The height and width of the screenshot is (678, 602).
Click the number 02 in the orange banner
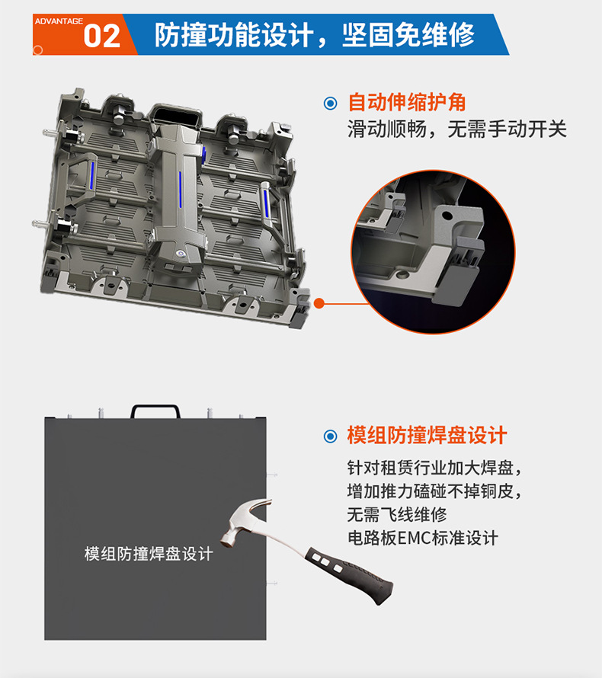click(x=101, y=36)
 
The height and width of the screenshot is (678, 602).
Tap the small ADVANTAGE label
click(x=59, y=21)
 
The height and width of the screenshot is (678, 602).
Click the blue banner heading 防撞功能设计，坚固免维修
click(x=314, y=35)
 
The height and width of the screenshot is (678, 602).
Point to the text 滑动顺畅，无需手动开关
click(x=457, y=129)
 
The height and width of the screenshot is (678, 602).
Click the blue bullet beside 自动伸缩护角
click(x=331, y=103)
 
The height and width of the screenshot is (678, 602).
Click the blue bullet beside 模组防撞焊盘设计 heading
click(x=331, y=437)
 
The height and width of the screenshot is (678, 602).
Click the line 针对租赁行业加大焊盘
click(x=434, y=467)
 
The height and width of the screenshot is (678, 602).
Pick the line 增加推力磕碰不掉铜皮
click(x=434, y=490)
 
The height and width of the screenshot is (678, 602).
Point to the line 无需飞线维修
click(x=396, y=513)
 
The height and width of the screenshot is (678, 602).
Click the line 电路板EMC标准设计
click(x=422, y=538)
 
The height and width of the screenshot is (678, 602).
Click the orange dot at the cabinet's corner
click(x=319, y=303)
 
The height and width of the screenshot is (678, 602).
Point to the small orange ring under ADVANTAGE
click(x=37, y=50)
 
